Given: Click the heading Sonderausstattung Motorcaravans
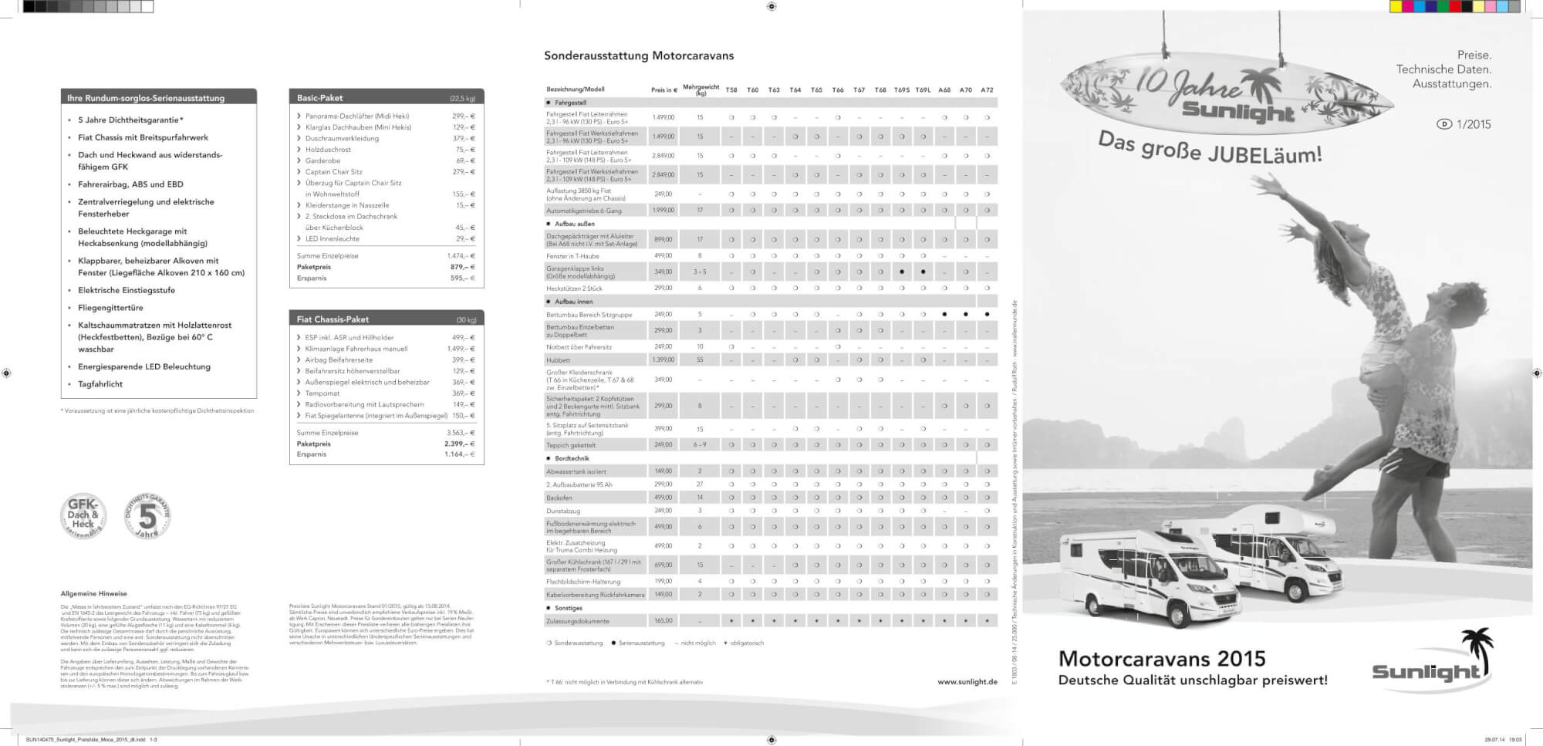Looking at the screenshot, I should tap(639, 56).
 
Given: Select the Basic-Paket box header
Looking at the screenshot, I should tap(386, 98).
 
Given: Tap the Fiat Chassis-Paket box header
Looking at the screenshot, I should tap(386, 319).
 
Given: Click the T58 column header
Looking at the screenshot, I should tap(731, 90).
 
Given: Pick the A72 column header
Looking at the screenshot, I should tap(987, 90).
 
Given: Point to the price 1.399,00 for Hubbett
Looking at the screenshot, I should tap(663, 360).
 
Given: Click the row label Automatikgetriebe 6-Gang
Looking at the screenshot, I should tap(584, 211).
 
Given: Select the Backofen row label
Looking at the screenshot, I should tap(559, 498).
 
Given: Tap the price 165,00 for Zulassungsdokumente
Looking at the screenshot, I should tap(663, 621).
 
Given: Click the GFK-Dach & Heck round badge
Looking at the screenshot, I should tap(83, 515).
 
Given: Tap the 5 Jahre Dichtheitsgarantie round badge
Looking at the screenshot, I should tap(147, 515).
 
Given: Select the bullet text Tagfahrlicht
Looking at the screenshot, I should tap(100, 384).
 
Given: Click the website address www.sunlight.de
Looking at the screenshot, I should tap(967, 682).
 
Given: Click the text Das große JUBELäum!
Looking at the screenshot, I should tap(1210, 148).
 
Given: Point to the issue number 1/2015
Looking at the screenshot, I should tap(1474, 124).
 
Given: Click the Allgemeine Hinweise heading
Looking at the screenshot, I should tap(94, 594).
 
